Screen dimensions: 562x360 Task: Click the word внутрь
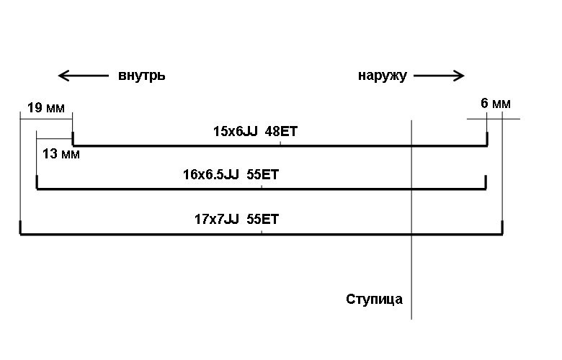click(x=142, y=76)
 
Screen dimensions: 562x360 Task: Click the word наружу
click(x=382, y=76)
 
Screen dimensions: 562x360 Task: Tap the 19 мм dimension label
click(x=45, y=108)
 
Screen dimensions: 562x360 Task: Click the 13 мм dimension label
click(x=61, y=153)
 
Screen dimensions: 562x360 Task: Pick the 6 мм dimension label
click(x=495, y=104)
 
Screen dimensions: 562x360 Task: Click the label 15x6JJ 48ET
click(x=256, y=131)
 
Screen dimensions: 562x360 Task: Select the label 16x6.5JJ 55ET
click(x=231, y=174)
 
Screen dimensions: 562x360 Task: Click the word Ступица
click(x=374, y=299)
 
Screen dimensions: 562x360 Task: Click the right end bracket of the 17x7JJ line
click(x=501, y=228)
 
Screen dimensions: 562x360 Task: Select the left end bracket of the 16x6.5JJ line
click(x=37, y=184)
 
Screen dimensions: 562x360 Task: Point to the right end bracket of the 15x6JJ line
click(x=487, y=140)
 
